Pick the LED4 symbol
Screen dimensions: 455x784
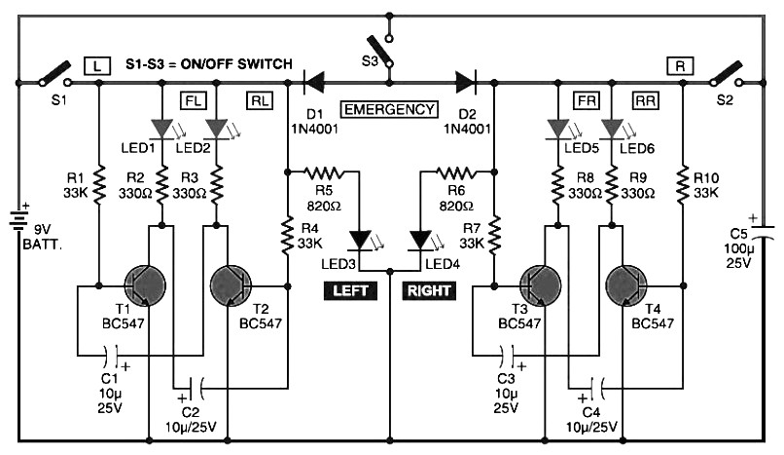click(419, 240)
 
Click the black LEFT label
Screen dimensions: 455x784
click(352, 289)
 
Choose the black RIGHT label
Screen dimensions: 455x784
click(428, 289)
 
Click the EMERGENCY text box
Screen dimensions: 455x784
click(389, 109)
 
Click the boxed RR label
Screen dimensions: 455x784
click(646, 99)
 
